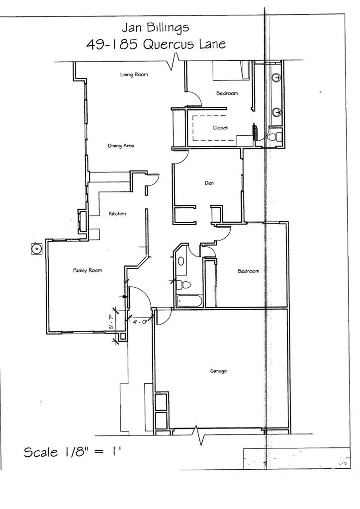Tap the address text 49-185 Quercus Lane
156,44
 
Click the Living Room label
134,75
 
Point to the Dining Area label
121,146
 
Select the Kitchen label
117,214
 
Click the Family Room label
88,270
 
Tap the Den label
209,183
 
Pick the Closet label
220,128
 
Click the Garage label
218,371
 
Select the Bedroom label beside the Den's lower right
248,271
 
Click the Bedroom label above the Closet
227,93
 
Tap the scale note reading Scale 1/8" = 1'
73,452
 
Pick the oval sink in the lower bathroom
181,260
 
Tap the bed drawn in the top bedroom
231,71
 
